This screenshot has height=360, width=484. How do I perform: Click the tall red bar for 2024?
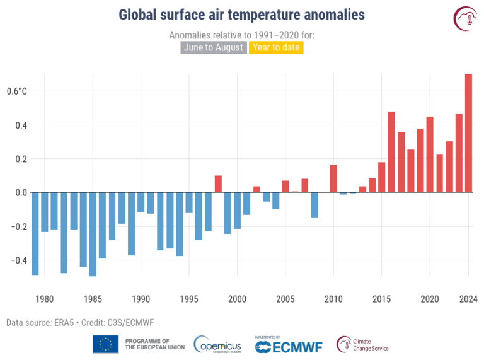(x=468, y=133)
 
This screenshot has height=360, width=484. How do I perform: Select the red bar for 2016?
(x=391, y=152)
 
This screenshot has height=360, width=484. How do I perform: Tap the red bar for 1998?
(x=218, y=184)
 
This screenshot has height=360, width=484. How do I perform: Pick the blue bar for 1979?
(x=35, y=233)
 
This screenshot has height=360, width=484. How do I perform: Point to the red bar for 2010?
(x=333, y=178)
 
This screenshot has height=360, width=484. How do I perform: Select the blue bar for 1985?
(x=93, y=234)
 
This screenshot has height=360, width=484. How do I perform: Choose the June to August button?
(x=214, y=47)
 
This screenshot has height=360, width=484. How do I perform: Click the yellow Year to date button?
(x=276, y=47)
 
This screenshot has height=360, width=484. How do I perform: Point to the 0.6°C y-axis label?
(x=17, y=91)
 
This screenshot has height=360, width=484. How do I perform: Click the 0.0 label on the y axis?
(x=20, y=192)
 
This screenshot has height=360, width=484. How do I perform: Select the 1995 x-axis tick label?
(x=189, y=299)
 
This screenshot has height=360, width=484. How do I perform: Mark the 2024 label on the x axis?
(x=468, y=299)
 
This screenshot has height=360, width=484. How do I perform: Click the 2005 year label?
(x=285, y=299)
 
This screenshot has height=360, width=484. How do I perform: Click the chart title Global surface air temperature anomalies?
(x=241, y=15)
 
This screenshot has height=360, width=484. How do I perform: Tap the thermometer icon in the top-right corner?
(x=465, y=19)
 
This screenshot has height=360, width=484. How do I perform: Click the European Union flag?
(x=105, y=344)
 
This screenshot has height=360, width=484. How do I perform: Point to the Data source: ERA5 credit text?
(x=80, y=323)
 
